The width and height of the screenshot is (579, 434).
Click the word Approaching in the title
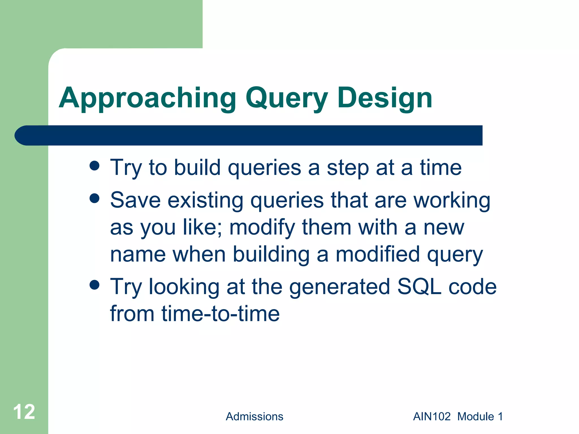coord(147,98)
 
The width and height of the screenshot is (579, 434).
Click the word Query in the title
coord(286,98)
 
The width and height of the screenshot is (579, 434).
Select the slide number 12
coord(24,412)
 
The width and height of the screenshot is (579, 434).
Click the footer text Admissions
coord(254,416)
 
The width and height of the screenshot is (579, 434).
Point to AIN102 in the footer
coord(432,416)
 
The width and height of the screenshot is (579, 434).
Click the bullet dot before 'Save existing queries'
coord(94,198)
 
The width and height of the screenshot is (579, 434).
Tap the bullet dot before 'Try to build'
coord(94,166)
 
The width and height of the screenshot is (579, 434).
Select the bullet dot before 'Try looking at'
coord(94,285)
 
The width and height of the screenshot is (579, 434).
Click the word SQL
coord(419,287)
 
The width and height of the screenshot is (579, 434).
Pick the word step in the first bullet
coord(348,168)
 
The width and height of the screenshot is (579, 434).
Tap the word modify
coord(262,227)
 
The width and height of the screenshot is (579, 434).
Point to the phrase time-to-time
coord(221,314)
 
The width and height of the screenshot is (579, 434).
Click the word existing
coord(206,201)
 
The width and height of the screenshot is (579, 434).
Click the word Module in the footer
coord(476,416)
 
